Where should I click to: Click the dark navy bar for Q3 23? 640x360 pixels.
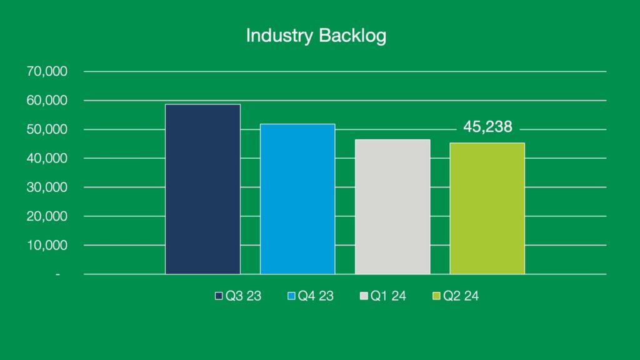203,189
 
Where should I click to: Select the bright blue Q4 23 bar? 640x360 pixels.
297,199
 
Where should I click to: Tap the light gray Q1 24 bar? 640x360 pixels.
392,206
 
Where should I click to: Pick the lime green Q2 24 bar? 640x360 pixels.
487,209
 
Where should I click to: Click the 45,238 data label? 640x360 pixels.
487,127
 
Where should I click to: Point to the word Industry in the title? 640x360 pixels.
279,36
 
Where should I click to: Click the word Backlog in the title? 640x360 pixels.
352,36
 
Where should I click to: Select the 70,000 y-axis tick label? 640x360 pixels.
47,71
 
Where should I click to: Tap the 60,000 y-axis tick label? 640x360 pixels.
47,101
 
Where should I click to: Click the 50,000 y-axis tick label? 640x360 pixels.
47,129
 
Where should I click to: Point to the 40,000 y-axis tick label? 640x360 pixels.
47,158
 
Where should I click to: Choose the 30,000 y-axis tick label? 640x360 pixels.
47,187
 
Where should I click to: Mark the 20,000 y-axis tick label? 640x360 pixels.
47,216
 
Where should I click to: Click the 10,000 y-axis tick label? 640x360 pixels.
47,245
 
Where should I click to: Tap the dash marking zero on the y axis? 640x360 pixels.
58,275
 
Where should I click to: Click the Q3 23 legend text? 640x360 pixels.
243,296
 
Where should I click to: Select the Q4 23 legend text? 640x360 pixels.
316,296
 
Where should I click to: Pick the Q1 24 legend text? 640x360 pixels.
388,296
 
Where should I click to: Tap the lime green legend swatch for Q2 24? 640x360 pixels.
436,296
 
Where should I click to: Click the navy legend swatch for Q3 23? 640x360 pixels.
219,296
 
